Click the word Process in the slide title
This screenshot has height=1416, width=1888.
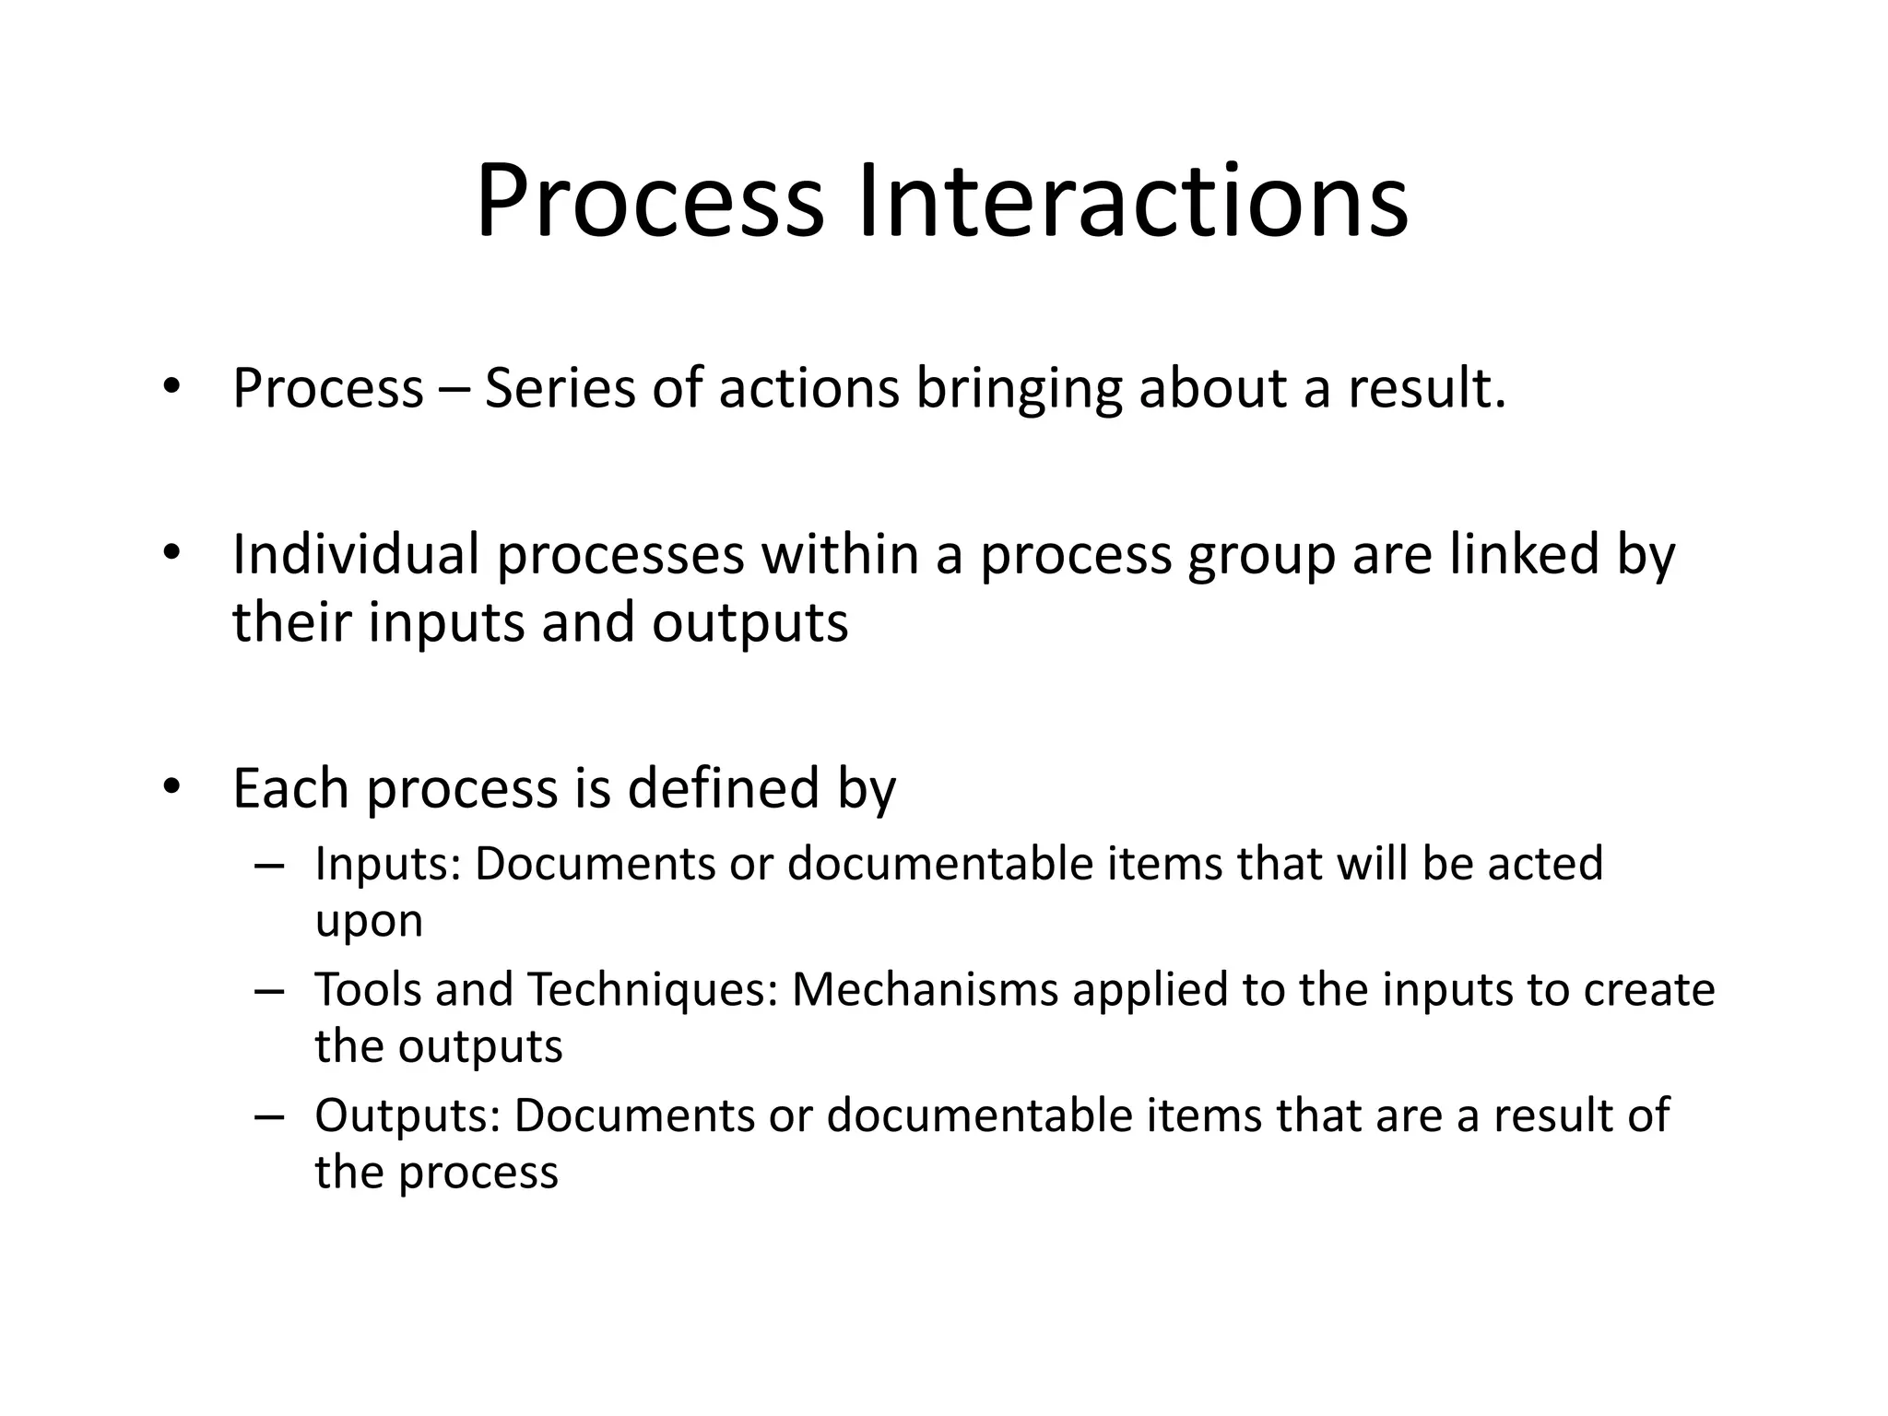point(649,202)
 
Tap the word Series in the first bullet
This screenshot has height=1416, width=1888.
point(560,388)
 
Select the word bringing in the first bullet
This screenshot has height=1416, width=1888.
point(1019,388)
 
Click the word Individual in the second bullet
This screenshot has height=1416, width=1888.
point(356,554)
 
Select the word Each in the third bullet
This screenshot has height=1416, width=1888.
point(291,789)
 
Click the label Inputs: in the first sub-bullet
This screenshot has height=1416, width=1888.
point(387,865)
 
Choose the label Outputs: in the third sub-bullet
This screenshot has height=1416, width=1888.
point(407,1116)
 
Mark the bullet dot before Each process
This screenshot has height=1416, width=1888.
point(170,787)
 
